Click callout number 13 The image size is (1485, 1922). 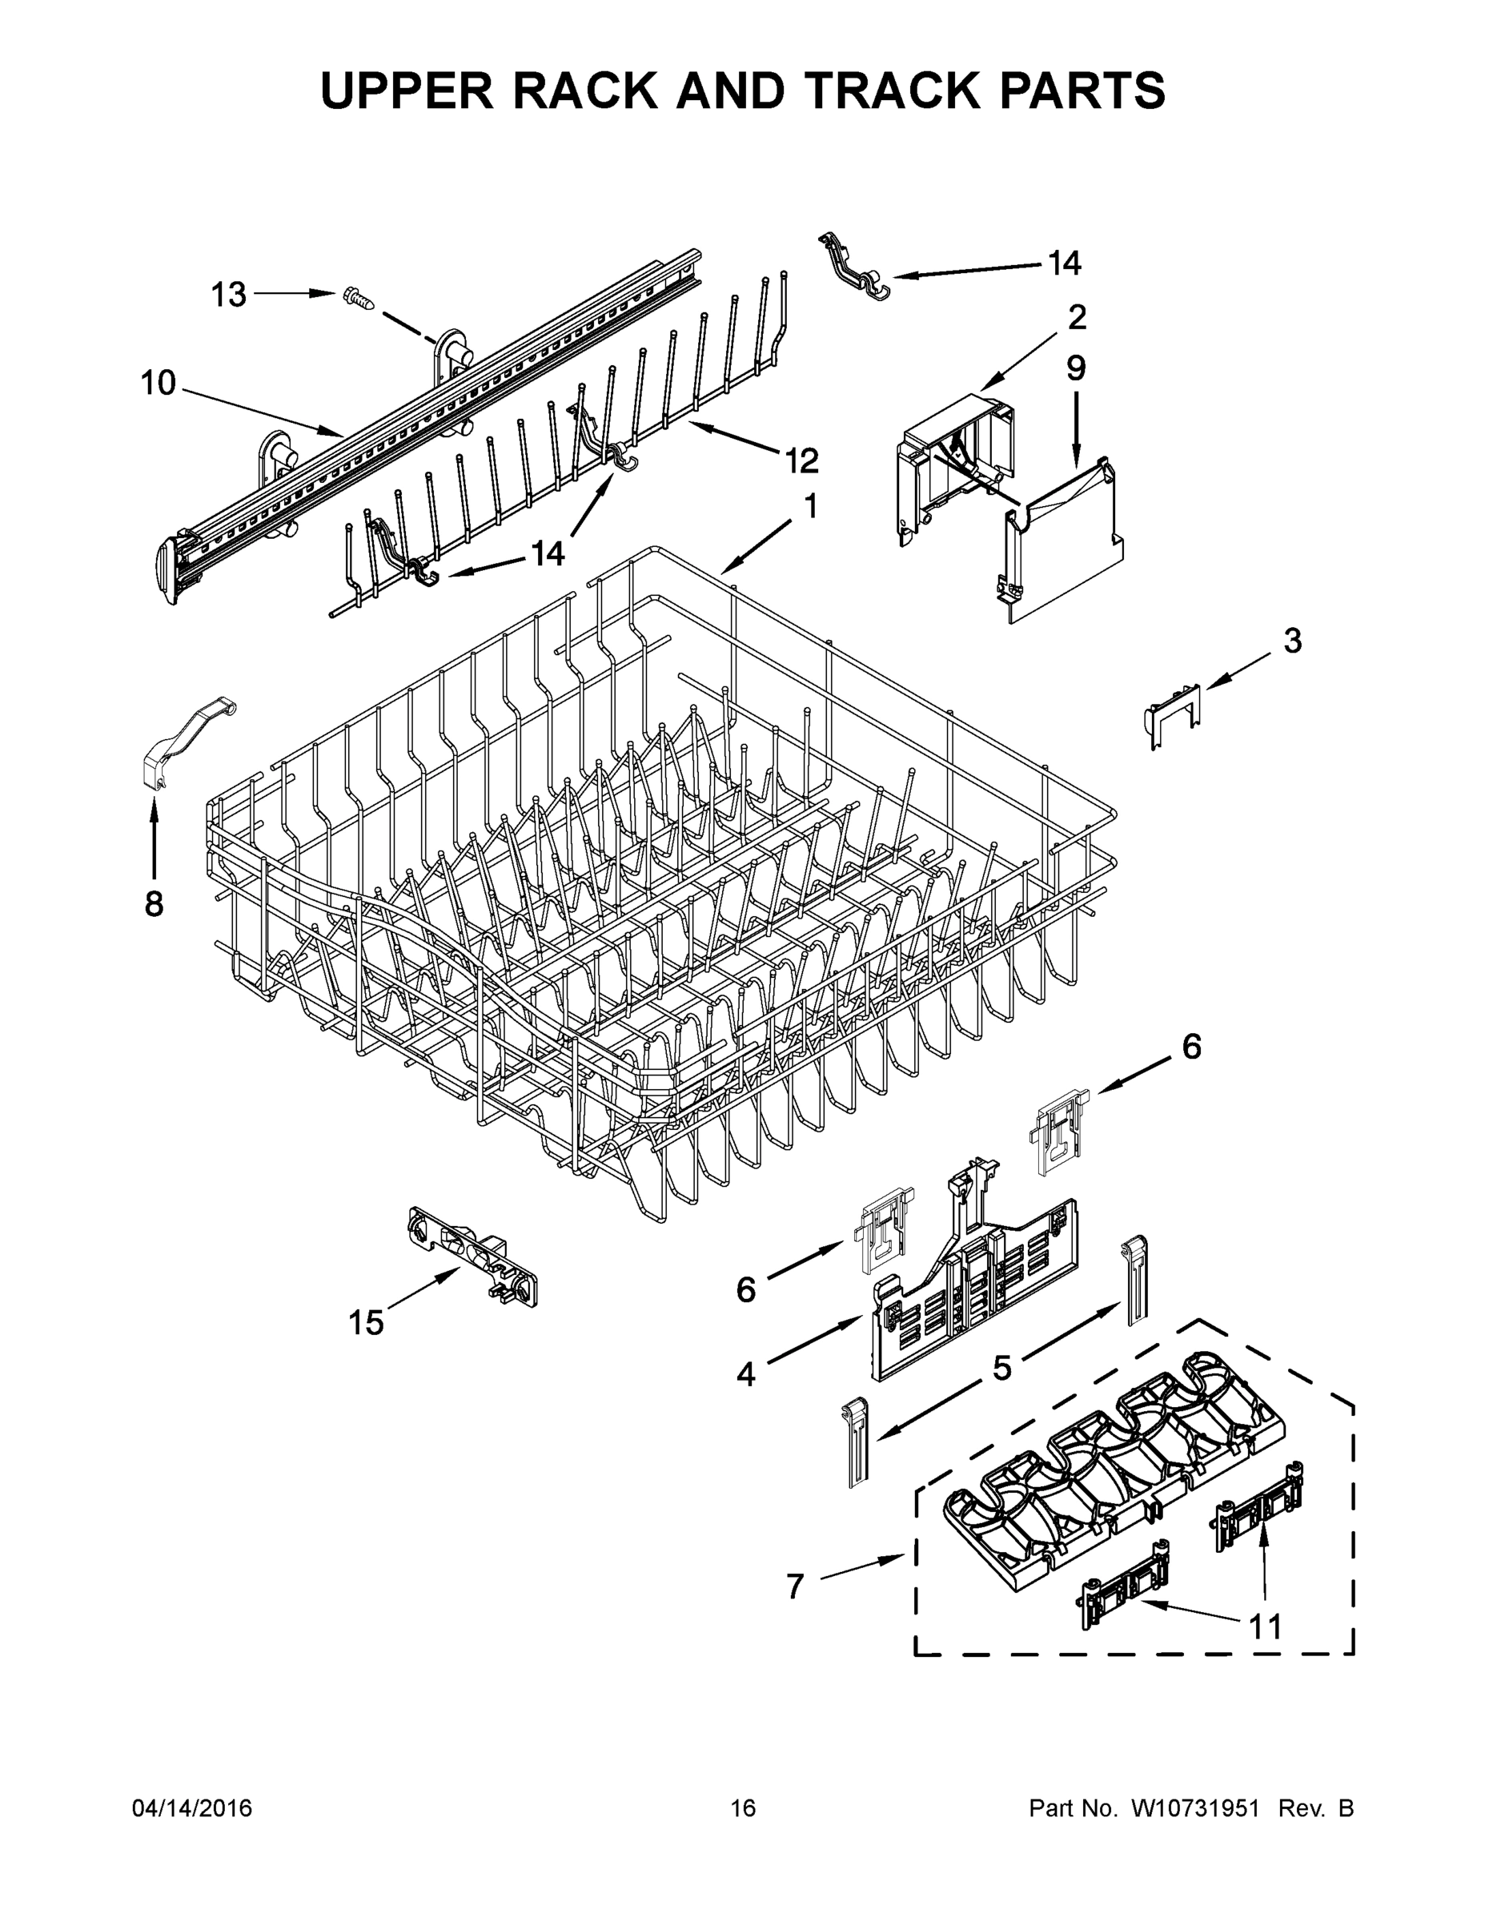pyautogui.click(x=229, y=295)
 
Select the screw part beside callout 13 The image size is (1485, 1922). pyautogui.click(x=358, y=299)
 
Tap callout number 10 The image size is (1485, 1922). pyautogui.click(x=159, y=384)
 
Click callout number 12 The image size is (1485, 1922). pyautogui.click(x=801, y=460)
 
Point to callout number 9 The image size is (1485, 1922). pyautogui.click(x=1076, y=368)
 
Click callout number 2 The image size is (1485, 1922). pyautogui.click(x=1077, y=317)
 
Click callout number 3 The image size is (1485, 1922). pyautogui.click(x=1291, y=641)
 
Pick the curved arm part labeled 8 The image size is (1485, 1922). pyautogui.click(x=187, y=739)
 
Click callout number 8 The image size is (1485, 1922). pyautogui.click(x=154, y=904)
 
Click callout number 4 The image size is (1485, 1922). pyautogui.click(x=745, y=1373)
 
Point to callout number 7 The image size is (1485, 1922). pyautogui.click(x=794, y=1586)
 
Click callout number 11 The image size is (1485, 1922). pyautogui.click(x=1266, y=1627)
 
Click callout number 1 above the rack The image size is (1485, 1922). pyautogui.click(x=810, y=506)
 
